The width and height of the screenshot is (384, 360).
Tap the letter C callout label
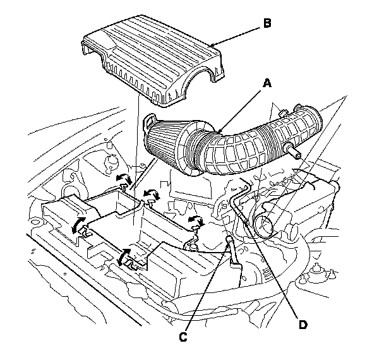183,337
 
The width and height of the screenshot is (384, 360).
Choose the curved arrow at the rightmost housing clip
196,220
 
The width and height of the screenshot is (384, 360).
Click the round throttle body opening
264,222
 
